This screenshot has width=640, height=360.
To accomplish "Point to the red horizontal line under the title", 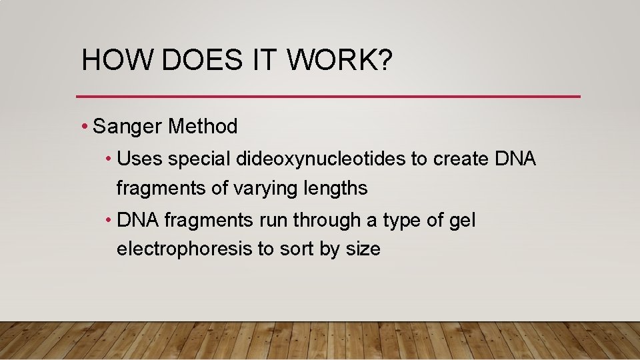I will pyautogui.click(x=328, y=97).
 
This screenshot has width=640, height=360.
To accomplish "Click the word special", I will pyautogui.click(x=197, y=159).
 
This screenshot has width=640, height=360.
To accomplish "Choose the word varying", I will pyautogui.click(x=263, y=189).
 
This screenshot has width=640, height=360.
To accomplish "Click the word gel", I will pyautogui.click(x=461, y=220).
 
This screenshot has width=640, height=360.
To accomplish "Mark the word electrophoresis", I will pyautogui.click(x=185, y=249).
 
